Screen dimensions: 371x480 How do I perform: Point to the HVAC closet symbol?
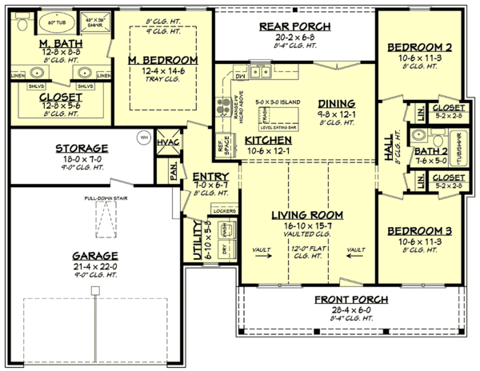pyautogui.click(x=169, y=141)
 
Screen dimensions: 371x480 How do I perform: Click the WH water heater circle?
pyautogui.click(x=144, y=136)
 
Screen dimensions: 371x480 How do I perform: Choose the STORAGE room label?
pyautogui.click(x=81, y=149)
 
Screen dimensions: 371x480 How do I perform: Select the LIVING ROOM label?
pyautogui.click(x=307, y=215)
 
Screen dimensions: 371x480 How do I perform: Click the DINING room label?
pyautogui.click(x=337, y=103)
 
